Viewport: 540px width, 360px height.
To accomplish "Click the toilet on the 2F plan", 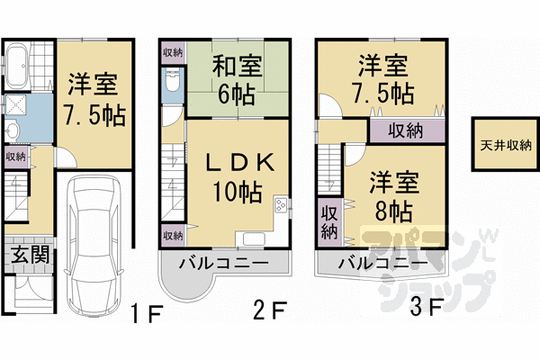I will pos(173,85).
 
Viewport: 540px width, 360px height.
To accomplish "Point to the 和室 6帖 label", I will pos(237,78).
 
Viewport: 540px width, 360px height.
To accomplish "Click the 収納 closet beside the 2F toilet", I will pos(172,51).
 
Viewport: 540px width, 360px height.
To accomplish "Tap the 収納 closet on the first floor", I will pos(15,157).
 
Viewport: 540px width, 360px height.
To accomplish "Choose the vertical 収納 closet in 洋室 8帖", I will pos(329,221).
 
